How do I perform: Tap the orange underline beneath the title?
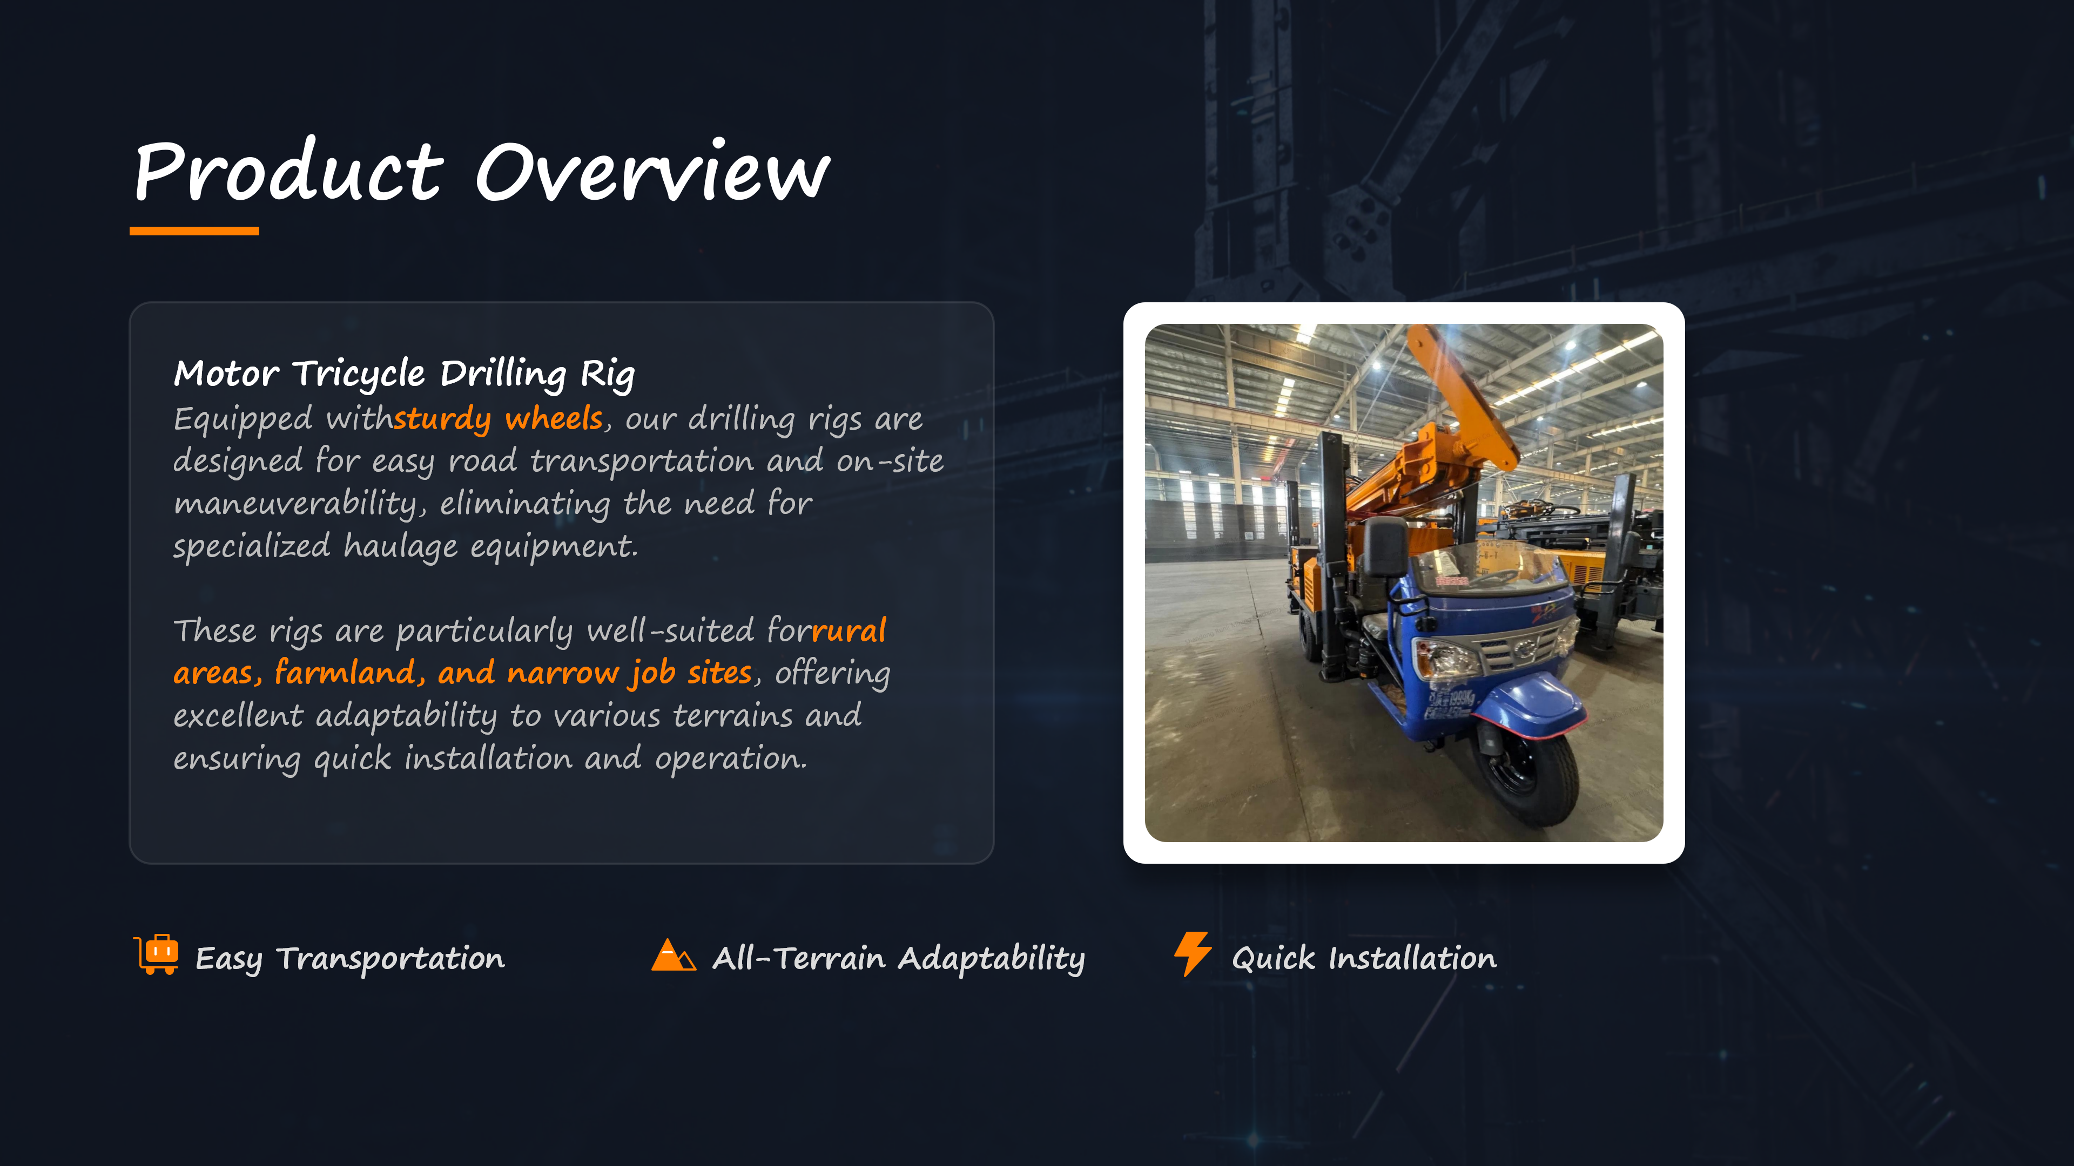[x=194, y=232]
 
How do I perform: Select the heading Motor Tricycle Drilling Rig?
[x=404, y=374]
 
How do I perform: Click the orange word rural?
[x=850, y=630]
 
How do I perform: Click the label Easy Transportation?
[x=350, y=958]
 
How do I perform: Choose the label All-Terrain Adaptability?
[x=899, y=958]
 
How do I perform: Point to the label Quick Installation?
[x=1364, y=958]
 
